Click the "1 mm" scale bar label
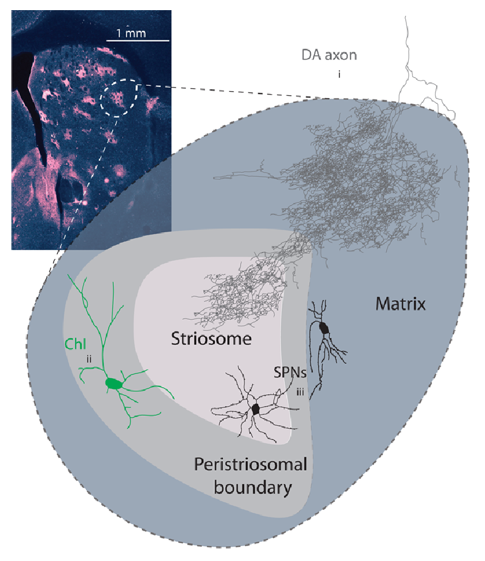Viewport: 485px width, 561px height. point(131,33)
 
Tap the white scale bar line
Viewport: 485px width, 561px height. point(138,40)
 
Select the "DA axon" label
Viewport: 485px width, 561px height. point(329,55)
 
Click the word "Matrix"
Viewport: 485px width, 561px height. point(401,304)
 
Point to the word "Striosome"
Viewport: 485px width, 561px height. point(211,339)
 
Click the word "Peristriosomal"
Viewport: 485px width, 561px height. point(251,465)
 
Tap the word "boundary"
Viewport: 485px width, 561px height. point(253,488)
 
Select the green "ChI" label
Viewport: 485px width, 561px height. point(75,344)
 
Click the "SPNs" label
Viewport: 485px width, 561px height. point(290,373)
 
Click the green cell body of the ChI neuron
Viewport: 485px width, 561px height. point(114,384)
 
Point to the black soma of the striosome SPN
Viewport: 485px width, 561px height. point(255,409)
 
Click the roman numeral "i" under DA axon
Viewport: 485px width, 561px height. point(338,75)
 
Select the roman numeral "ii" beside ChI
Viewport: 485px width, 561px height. point(89,359)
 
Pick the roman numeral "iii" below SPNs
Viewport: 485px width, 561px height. point(300,392)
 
